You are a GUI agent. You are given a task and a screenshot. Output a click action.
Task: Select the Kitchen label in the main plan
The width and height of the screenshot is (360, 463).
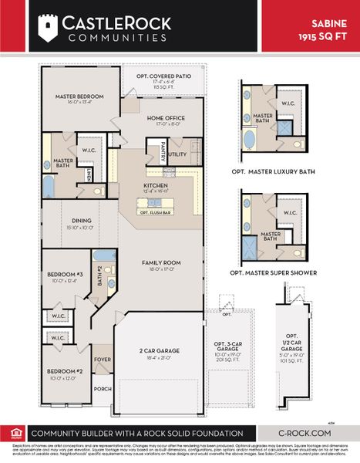point(156,186)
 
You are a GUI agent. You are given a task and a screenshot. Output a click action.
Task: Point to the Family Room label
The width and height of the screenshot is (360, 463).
point(161,263)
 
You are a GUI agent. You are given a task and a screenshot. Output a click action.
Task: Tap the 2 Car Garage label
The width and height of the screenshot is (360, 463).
point(160,351)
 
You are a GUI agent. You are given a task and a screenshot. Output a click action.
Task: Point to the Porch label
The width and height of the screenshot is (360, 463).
point(103,389)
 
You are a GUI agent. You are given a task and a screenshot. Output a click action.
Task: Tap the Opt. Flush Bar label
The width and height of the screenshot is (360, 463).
point(155,211)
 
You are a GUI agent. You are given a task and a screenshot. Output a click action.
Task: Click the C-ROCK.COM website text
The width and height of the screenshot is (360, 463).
point(305,434)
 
